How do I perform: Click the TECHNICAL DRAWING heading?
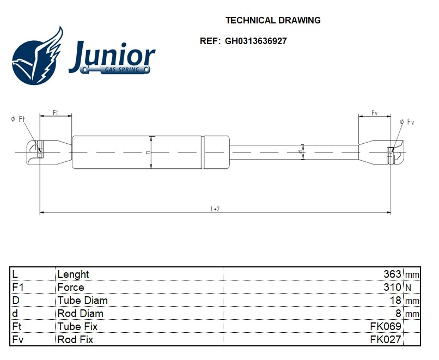(x=273, y=20)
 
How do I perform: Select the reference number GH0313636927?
(x=255, y=41)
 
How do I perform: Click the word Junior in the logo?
(x=112, y=55)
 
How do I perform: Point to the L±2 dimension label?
(x=215, y=209)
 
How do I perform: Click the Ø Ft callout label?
(x=18, y=119)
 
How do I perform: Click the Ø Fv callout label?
(x=407, y=122)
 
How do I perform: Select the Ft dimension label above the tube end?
(x=56, y=112)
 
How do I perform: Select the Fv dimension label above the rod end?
(x=375, y=113)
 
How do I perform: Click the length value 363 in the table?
(x=392, y=274)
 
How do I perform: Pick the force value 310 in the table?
(x=392, y=287)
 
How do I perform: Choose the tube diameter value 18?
(x=396, y=300)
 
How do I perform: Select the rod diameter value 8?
(x=399, y=313)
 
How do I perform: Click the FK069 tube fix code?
(x=386, y=326)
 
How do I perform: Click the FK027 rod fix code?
(x=386, y=339)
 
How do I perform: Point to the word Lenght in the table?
(x=73, y=274)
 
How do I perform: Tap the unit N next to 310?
(x=408, y=288)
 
